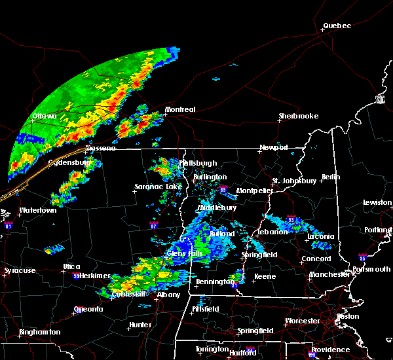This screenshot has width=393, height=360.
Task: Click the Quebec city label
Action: pos(337,26)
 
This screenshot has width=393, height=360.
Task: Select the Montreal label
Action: pos(180,109)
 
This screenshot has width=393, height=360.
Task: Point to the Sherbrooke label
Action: pos(298,116)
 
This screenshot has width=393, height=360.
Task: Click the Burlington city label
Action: pos(210,177)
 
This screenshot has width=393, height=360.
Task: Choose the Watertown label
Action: pos(38,210)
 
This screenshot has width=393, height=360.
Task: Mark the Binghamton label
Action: pos(39,332)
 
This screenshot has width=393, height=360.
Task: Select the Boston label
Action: pos(347,316)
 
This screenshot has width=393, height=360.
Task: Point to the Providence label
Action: pos(330,350)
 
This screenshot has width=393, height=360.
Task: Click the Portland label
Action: pos(379,230)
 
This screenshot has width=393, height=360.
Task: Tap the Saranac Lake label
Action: pos(158,187)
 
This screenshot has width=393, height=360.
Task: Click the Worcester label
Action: pos(303,321)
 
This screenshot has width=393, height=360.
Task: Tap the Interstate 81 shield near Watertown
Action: pos(9,225)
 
